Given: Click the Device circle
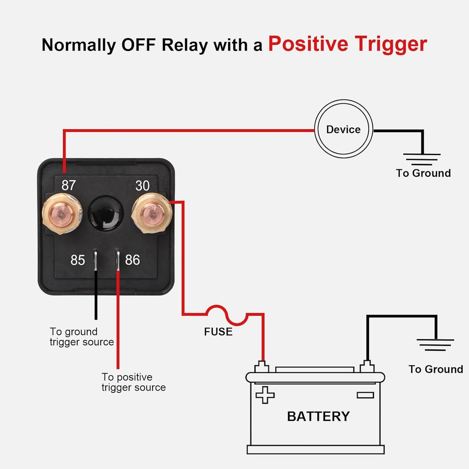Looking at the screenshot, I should click(344, 129).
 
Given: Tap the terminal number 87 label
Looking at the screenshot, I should click(69, 185).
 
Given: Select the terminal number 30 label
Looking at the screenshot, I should click(142, 185).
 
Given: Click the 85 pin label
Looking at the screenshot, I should click(78, 260).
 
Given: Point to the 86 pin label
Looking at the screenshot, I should click(132, 260).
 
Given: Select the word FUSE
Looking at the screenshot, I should click(218, 332).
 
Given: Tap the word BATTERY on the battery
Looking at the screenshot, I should click(318, 416).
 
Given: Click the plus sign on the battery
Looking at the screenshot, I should click(265, 394).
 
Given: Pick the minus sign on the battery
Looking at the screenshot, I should click(365, 395).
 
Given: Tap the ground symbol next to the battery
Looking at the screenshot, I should click(436, 344).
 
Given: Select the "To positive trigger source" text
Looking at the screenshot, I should click(133, 382).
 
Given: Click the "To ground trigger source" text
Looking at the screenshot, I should click(82, 337).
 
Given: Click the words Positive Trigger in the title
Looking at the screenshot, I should click(347, 44).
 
